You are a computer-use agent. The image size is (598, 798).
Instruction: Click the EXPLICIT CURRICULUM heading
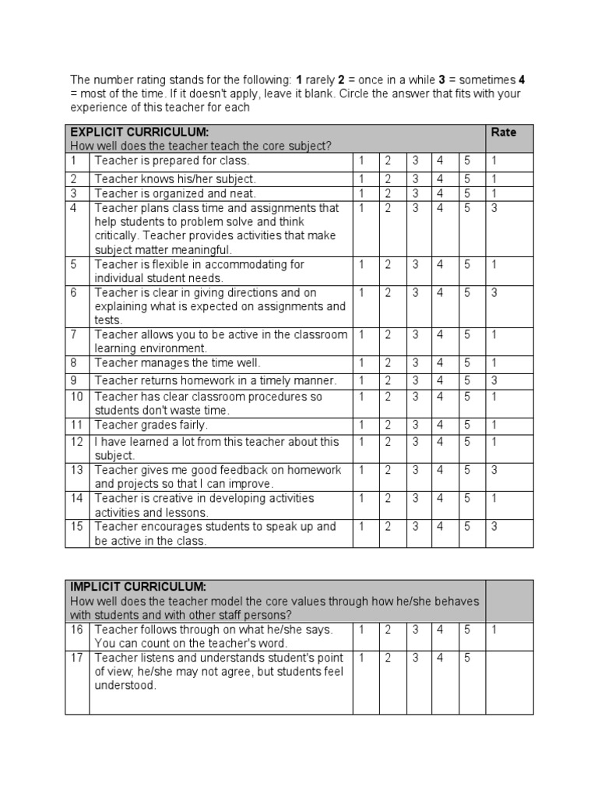pyautogui.click(x=139, y=132)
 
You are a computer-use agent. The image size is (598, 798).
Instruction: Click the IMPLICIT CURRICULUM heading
pyautogui.click(x=138, y=586)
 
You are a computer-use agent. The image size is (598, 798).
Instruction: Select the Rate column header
pyautogui.click(x=504, y=132)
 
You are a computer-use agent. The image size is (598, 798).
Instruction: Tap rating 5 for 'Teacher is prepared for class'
pyautogui.click(x=467, y=161)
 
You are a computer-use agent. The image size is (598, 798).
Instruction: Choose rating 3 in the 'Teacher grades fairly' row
pyautogui.click(x=415, y=425)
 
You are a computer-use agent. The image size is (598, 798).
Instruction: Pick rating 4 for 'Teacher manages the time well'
pyautogui.click(x=440, y=363)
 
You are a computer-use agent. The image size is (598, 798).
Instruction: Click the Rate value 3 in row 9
pyautogui.click(x=494, y=381)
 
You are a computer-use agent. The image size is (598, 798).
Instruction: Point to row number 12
pyautogui.click(x=76, y=442)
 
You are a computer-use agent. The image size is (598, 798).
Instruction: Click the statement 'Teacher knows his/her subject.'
pyautogui.click(x=174, y=179)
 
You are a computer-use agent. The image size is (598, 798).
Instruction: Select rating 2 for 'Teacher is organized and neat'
pyautogui.click(x=387, y=193)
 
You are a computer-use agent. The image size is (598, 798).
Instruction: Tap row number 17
pyautogui.click(x=76, y=658)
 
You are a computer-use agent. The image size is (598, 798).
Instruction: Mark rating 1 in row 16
pyautogui.click(x=362, y=629)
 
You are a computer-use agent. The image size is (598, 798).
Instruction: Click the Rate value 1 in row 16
pyautogui.click(x=494, y=629)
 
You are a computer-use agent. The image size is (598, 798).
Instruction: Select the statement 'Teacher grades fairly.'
pyautogui.click(x=151, y=425)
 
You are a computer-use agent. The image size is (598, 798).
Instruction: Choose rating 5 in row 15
pyautogui.click(x=467, y=527)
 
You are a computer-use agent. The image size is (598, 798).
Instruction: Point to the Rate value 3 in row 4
pyautogui.click(x=494, y=208)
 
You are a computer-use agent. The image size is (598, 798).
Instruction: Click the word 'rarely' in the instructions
pyautogui.click(x=319, y=79)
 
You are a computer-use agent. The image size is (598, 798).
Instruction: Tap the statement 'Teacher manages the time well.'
pyautogui.click(x=178, y=363)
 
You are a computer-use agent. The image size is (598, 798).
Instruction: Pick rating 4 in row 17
pyautogui.click(x=440, y=658)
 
